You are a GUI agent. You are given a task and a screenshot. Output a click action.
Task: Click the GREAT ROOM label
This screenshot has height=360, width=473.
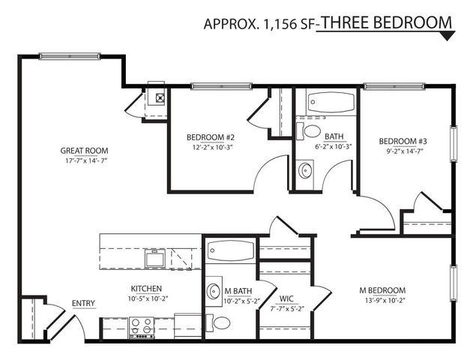[x=84, y=151]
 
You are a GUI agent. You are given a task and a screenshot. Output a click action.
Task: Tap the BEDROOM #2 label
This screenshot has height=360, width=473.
[x=210, y=137]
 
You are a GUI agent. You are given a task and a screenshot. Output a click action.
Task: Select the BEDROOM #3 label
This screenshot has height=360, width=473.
[x=403, y=141]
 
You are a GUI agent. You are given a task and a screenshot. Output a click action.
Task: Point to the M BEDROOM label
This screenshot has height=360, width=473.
[x=382, y=290]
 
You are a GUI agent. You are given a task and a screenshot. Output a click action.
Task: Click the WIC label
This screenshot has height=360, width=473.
[x=286, y=298]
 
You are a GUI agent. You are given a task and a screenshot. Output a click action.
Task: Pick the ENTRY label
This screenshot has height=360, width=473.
[x=83, y=303]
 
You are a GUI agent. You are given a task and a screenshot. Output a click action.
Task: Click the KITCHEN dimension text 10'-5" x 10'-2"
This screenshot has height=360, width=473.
[x=148, y=298]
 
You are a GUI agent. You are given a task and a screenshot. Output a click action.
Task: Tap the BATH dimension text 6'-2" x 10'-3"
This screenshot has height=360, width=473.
[x=334, y=147]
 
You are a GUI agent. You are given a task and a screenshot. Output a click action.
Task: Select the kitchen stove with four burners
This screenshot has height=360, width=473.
[x=142, y=328]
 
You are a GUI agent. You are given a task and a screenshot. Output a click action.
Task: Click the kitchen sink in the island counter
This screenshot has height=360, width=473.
[x=154, y=258]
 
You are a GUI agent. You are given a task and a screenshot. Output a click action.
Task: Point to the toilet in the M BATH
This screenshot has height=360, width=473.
[x=218, y=323]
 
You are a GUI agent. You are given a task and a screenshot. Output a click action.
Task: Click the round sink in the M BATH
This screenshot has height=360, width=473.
[x=214, y=291]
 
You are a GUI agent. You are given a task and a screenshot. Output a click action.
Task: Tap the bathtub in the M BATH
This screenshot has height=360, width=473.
[x=232, y=250]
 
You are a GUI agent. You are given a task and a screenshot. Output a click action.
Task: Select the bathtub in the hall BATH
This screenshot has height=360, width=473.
[x=331, y=102]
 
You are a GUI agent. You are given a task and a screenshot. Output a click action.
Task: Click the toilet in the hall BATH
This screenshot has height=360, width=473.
[x=308, y=131]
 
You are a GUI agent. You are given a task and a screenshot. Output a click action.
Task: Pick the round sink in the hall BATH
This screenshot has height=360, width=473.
[x=305, y=171]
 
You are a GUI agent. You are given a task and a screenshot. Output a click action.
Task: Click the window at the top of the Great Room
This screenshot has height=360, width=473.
[x=70, y=56]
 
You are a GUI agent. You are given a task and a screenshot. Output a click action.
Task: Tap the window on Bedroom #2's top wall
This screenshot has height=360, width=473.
[x=222, y=86]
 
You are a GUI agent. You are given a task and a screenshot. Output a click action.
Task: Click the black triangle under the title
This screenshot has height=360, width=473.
[x=448, y=36]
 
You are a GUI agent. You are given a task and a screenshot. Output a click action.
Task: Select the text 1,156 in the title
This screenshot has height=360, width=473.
[x=280, y=24]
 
